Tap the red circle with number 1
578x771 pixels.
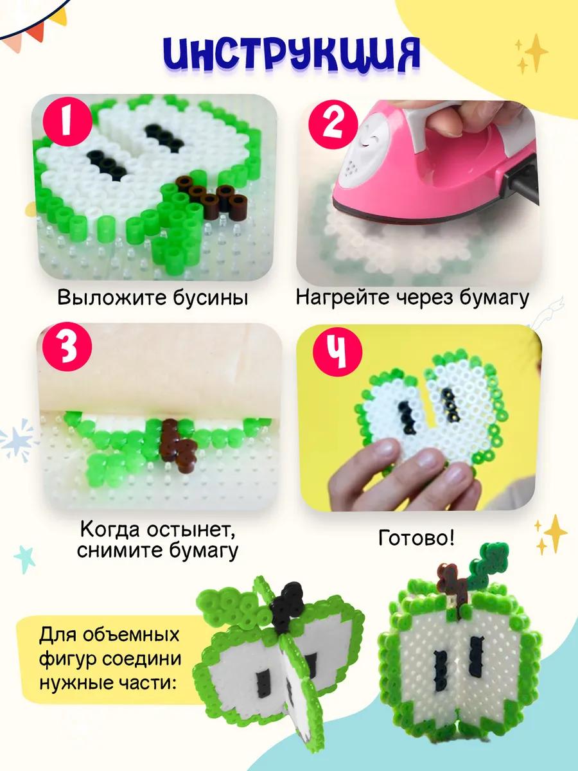[x=67, y=121]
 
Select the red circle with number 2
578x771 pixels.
[x=333, y=125]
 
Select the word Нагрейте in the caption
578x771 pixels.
[x=343, y=298]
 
